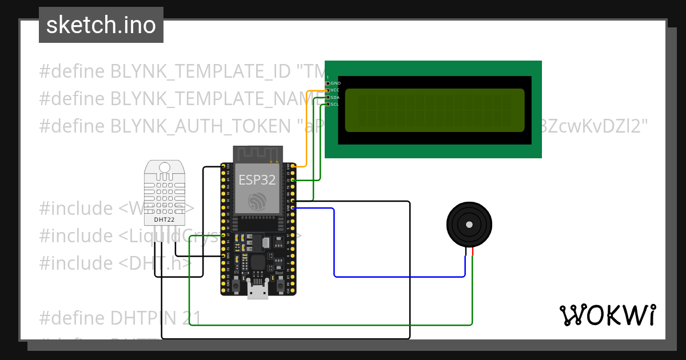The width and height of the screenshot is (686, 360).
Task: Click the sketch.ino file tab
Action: click(101, 25)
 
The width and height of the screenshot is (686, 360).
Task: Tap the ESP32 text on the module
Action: click(257, 180)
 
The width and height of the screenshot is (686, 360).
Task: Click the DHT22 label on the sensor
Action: click(165, 219)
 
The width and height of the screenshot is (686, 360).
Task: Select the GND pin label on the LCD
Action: click(336, 83)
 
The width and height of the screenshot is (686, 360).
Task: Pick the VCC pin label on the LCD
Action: click(336, 90)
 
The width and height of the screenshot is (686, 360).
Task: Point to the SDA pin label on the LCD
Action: click(336, 98)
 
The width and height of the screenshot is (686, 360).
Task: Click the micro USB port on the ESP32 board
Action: click(258, 291)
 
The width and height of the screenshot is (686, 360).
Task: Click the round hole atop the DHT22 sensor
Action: click(165, 167)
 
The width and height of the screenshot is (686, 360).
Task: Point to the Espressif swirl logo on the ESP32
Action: click(257, 201)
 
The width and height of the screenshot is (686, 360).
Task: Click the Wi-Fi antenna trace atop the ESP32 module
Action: click(257, 153)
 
